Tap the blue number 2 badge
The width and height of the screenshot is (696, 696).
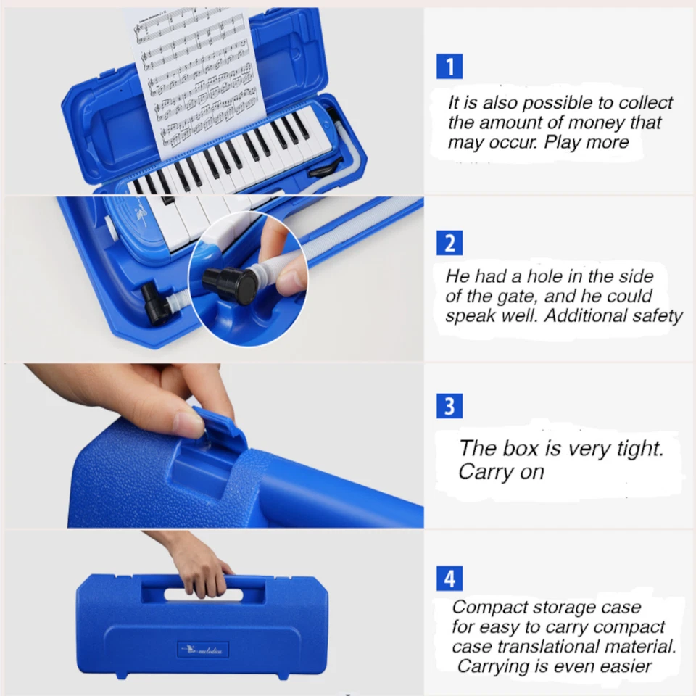tap(449, 242)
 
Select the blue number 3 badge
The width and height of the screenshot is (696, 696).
tap(449, 406)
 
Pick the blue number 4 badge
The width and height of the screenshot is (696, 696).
tap(449, 579)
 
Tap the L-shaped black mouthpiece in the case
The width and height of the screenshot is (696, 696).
tap(159, 304)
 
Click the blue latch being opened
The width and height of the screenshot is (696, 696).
tap(217, 428)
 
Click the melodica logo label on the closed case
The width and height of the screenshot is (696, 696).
tap(203, 648)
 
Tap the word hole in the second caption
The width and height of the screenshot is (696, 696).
tap(534, 276)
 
